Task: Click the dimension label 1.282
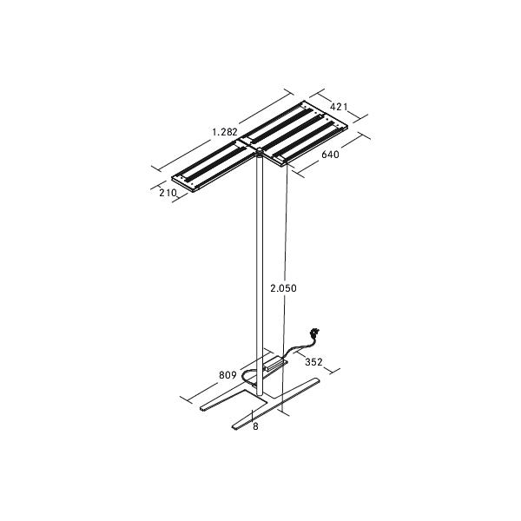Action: tap(225, 132)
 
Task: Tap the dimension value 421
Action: tap(339, 107)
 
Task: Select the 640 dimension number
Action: tap(330, 155)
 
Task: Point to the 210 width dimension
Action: tap(168, 193)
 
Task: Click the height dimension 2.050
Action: tap(283, 288)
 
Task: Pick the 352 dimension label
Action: tap(313, 362)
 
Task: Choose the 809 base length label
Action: tap(228, 375)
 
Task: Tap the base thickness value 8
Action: tap(255, 426)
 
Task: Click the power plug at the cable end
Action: tap(314, 332)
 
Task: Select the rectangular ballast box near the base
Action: tap(276, 363)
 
